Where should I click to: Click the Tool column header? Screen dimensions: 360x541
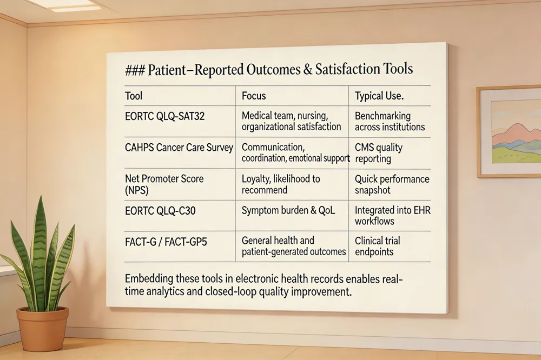point(134,96)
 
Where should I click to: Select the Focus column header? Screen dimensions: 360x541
point(254,96)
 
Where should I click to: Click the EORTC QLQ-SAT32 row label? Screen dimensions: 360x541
point(165,116)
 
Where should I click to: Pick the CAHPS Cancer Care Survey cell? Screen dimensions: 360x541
point(179,147)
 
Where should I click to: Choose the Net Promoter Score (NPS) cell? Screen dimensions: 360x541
point(164,184)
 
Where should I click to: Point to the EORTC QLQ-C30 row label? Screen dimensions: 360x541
point(161,210)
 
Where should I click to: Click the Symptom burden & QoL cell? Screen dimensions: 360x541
point(288,210)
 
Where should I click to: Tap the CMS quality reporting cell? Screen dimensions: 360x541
point(379,152)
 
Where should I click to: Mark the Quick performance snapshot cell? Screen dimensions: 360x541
point(392,184)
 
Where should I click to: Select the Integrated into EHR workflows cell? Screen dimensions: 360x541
point(392,216)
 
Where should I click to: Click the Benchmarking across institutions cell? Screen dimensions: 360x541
point(390,122)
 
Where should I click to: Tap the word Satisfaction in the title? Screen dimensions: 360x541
point(337,70)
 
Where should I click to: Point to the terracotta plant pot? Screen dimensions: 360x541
point(42,329)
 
